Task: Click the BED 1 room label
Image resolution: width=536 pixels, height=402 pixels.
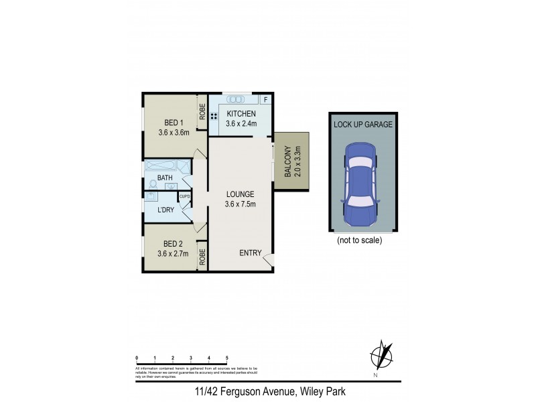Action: pos(173,122)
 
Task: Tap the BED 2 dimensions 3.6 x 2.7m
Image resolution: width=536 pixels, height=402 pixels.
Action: pos(173,253)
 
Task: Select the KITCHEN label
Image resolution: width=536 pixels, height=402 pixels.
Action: pos(240,113)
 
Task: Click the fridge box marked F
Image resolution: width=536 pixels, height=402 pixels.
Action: pos(266,100)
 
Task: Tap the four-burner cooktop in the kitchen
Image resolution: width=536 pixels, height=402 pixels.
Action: pos(214,116)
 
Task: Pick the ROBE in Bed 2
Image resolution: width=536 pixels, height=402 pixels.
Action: pos(202,256)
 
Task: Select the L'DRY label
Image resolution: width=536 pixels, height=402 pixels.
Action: pos(165,210)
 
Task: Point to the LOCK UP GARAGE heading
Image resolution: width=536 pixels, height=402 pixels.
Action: pos(362,125)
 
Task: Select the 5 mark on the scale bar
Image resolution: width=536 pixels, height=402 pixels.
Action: pos(227,358)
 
